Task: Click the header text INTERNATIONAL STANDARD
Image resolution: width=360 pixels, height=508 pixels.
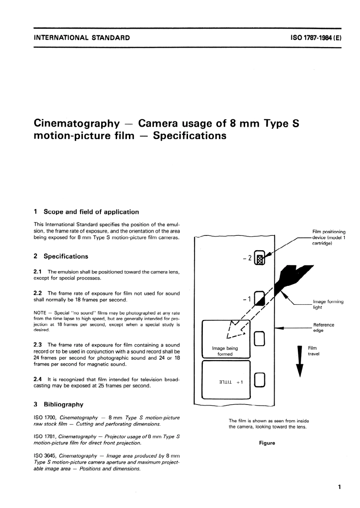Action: (x=82, y=38)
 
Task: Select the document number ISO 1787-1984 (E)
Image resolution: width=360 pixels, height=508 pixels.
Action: (x=316, y=38)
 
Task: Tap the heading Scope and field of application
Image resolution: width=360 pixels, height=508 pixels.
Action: (x=91, y=212)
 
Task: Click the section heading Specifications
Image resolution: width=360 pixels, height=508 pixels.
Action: (x=66, y=256)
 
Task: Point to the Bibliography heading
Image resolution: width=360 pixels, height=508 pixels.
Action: (x=63, y=405)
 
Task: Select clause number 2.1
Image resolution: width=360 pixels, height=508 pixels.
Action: (x=38, y=272)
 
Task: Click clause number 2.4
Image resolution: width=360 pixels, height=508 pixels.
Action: (x=38, y=379)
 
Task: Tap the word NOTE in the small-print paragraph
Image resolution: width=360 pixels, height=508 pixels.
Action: (x=40, y=313)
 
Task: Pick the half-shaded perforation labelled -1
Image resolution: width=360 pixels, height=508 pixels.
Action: (x=260, y=298)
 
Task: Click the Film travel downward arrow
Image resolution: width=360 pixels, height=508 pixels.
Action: (x=300, y=360)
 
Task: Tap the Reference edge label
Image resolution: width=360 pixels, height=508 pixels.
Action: (x=323, y=328)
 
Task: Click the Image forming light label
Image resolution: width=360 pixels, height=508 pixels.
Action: (x=328, y=304)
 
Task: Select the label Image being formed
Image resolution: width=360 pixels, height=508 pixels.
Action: (x=225, y=351)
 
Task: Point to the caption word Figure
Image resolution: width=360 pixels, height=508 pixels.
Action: (x=267, y=443)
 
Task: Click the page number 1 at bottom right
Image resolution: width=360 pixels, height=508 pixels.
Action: (x=339, y=487)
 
